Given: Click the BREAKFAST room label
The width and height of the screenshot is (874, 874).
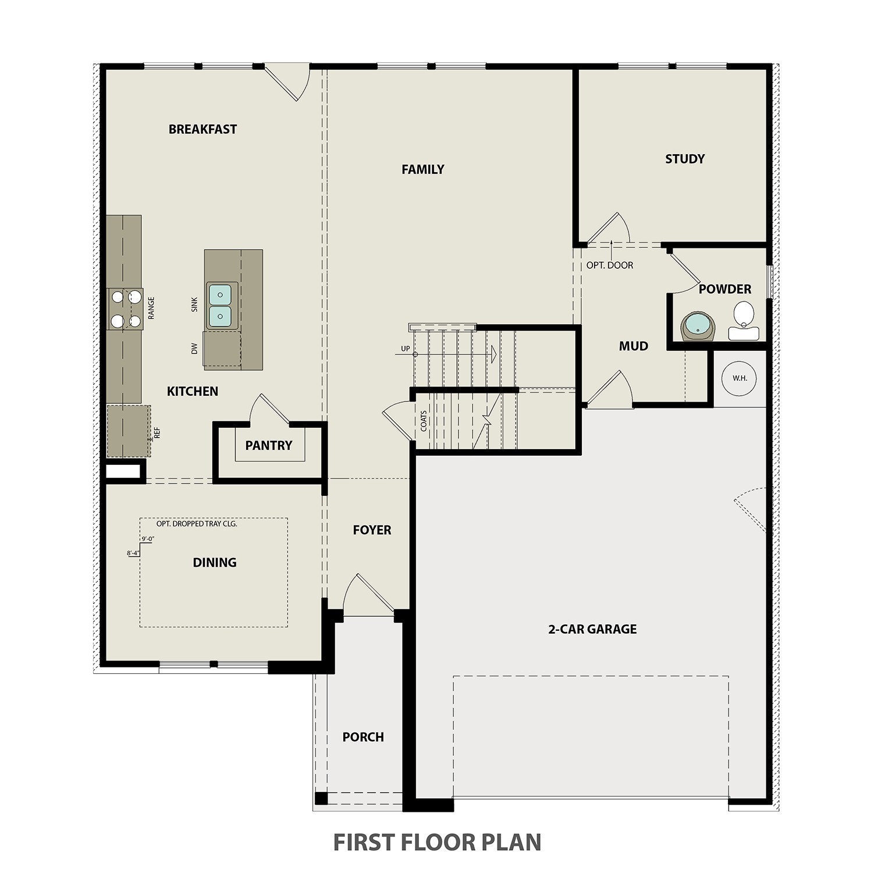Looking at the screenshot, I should (202, 129).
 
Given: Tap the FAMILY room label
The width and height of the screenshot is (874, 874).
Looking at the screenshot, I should (422, 169).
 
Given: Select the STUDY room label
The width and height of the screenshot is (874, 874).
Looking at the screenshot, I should (685, 159).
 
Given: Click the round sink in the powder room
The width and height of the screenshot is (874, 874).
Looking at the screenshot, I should (697, 326).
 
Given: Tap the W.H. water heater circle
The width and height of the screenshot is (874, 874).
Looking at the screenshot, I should (740, 378).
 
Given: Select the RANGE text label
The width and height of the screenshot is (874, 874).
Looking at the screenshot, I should (151, 308).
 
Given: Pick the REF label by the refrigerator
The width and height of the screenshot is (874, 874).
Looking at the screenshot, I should (157, 432).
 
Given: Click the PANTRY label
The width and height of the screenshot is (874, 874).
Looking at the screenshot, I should (268, 446).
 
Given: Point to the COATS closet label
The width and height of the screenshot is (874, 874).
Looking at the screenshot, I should (424, 421).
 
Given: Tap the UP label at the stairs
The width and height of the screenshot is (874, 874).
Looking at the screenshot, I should (405, 349).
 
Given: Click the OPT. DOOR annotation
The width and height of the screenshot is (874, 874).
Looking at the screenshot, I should (609, 265).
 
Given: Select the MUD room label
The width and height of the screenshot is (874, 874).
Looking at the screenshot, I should (633, 346).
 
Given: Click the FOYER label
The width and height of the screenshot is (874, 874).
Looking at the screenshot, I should (372, 530).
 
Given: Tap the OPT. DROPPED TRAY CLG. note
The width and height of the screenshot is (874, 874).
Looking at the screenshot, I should (197, 524).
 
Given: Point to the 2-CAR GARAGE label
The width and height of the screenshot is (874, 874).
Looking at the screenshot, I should (592, 629).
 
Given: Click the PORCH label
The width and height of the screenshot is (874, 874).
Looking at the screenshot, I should (363, 737).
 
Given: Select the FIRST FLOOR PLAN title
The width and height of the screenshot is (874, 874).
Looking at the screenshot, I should (437, 842).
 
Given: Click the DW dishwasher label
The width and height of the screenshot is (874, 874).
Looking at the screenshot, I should (194, 348).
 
